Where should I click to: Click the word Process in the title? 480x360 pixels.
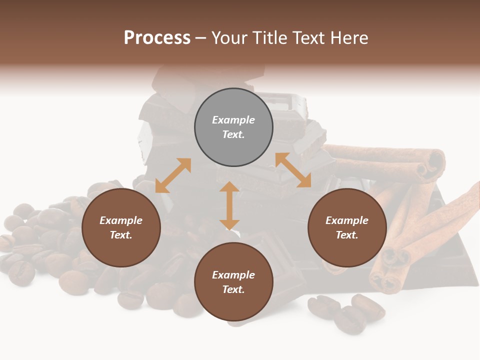(157, 37)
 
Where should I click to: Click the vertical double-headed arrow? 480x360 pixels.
(229, 205)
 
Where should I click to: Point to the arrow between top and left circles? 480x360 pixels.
(173, 175)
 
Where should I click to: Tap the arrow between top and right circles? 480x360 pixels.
(293, 170)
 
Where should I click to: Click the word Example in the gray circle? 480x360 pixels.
(233, 120)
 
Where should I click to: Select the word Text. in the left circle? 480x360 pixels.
(121, 235)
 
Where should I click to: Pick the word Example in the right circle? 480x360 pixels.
(347, 220)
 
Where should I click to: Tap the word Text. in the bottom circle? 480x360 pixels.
(233, 289)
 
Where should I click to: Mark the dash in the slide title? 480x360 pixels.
(201, 38)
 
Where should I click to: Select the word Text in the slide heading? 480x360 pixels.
(310, 37)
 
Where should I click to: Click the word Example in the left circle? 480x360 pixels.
(121, 220)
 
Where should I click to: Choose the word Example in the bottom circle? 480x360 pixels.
(233, 275)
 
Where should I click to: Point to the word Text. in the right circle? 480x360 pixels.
(347, 235)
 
